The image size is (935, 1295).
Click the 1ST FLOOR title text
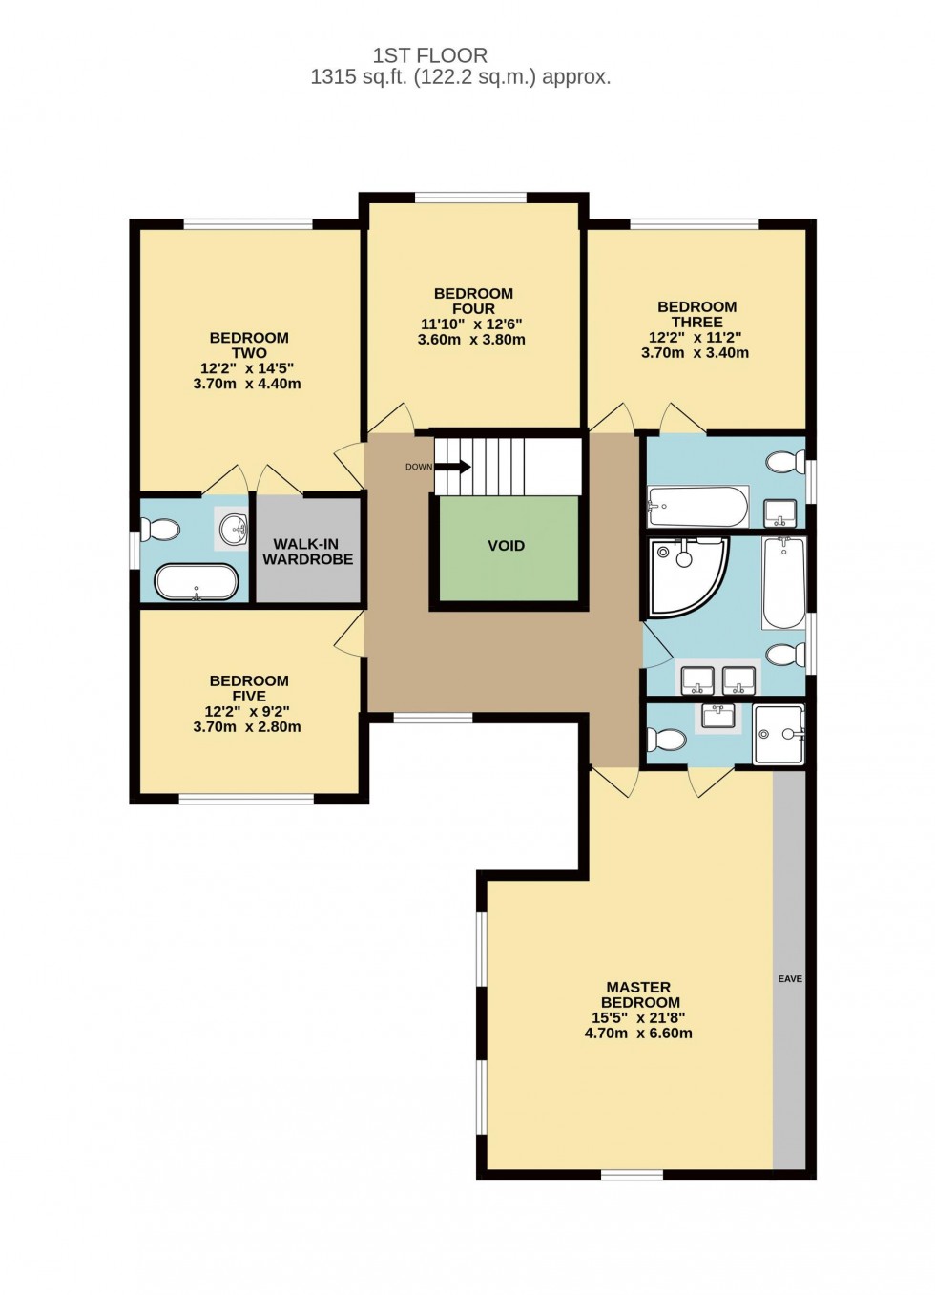click(429, 55)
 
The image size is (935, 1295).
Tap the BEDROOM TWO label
click(248, 345)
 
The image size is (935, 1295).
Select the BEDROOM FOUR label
click(473, 301)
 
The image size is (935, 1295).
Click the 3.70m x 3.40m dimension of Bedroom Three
click(695, 353)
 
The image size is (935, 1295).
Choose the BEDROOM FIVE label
click(248, 688)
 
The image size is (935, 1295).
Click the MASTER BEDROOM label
click(639, 994)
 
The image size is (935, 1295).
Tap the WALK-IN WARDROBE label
click(307, 552)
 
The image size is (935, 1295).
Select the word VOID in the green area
click(506, 546)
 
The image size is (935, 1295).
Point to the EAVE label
click(790, 979)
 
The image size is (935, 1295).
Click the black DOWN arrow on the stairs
click(452, 467)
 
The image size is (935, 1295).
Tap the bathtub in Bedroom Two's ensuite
click(197, 581)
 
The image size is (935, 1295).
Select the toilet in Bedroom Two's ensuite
click(160, 529)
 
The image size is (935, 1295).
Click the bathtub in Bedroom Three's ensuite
click(697, 506)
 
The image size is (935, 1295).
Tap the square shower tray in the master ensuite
click(779, 734)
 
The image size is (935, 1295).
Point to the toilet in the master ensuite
click(667, 739)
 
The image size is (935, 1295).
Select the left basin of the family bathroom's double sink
click(696, 680)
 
